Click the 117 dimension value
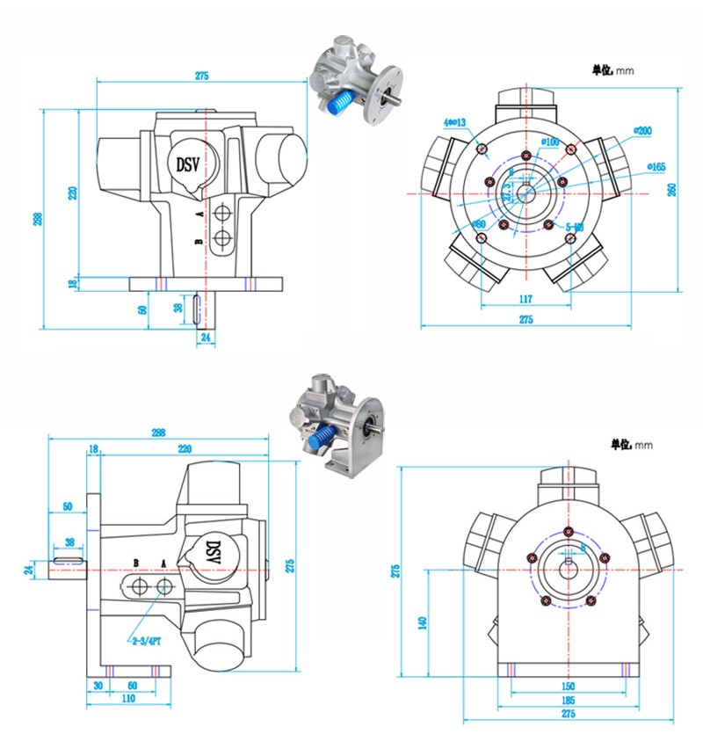tap(525, 299)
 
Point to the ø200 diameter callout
tap(642, 131)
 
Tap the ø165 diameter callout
tap(656, 166)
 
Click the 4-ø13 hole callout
tap(454, 122)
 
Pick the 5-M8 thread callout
tap(575, 227)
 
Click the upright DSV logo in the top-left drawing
tap(188, 164)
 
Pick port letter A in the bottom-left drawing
tap(163, 563)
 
